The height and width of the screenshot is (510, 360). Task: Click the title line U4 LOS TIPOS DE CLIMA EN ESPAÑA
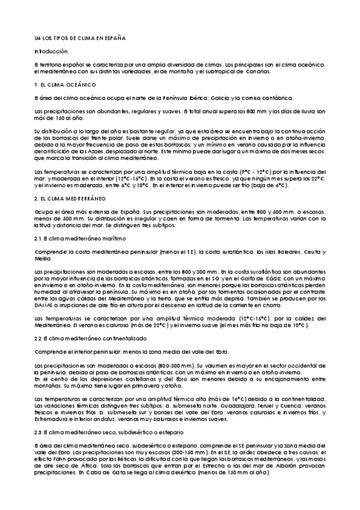pyautogui.click(x=79, y=38)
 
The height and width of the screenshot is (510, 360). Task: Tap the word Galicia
pyautogui.click(x=234, y=97)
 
